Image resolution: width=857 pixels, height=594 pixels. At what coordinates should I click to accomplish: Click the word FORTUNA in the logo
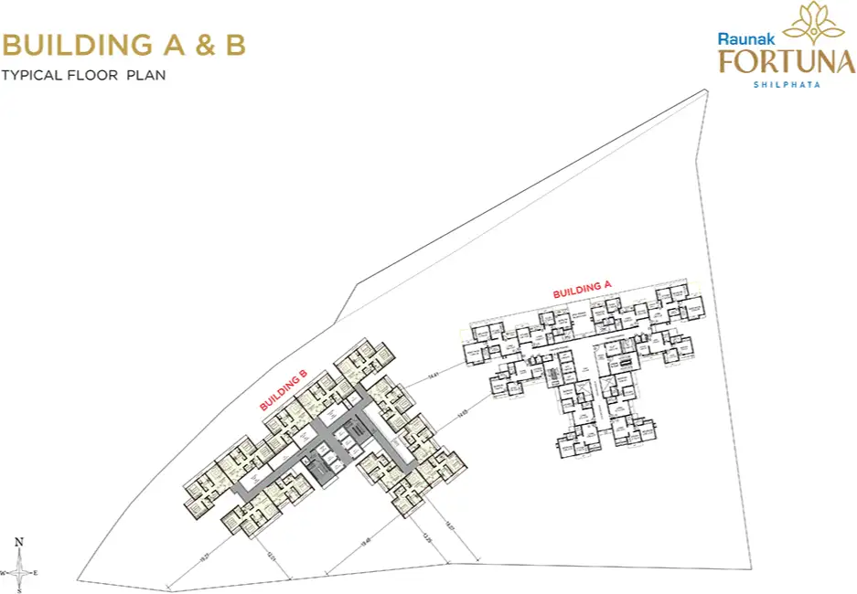pos(786,61)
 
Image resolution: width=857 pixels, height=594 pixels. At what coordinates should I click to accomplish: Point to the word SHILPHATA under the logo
pos(786,84)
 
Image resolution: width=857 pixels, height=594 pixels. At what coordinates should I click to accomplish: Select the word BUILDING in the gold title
pos(77,45)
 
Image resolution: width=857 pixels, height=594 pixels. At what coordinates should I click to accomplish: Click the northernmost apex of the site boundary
pos(707,90)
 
